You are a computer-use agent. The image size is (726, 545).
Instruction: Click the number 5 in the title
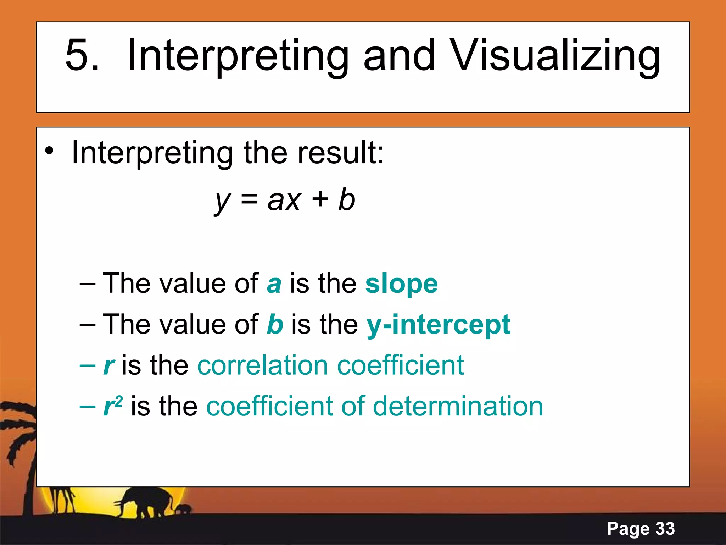pos(82,55)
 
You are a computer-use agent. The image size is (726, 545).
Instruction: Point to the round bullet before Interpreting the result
pos(50,152)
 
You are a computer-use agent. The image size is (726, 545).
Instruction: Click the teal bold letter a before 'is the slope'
pos(274,284)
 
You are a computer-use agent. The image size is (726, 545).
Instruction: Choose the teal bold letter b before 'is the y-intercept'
pos(275,324)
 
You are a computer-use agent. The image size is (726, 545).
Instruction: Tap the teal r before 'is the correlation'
pos(108,366)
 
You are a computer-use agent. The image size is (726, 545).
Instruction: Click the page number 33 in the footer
pos(665,529)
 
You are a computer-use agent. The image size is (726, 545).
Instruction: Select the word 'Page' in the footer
pos(628,529)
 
